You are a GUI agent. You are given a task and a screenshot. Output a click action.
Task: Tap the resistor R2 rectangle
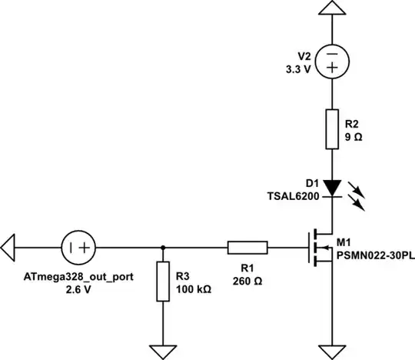click(x=331, y=128)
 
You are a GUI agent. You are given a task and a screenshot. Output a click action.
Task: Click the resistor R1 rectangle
click(x=247, y=247)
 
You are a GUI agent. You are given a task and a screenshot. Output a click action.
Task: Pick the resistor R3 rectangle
click(x=163, y=281)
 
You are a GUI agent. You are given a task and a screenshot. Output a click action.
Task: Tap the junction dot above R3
click(x=163, y=247)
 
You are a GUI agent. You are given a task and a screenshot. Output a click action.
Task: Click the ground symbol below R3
click(x=163, y=350)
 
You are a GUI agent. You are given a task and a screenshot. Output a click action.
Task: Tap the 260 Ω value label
click(x=247, y=281)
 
